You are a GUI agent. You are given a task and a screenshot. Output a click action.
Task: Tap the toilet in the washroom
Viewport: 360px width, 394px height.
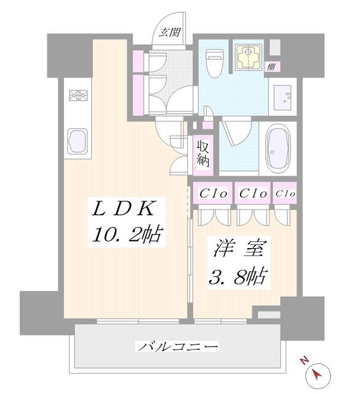point(215,63)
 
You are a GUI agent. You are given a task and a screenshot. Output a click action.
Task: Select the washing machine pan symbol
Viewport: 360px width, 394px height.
point(250,57)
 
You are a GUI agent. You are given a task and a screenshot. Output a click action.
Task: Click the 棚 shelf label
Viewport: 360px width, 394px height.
point(271,67)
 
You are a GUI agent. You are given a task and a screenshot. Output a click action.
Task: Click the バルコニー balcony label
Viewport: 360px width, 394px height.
point(178,347)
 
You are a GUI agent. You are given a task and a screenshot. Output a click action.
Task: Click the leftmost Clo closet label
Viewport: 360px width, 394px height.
point(214,193)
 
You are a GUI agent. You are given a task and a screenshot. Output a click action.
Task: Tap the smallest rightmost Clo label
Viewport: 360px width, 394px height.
point(286,193)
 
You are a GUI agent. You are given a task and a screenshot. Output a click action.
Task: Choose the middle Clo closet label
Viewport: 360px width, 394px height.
point(252,193)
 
